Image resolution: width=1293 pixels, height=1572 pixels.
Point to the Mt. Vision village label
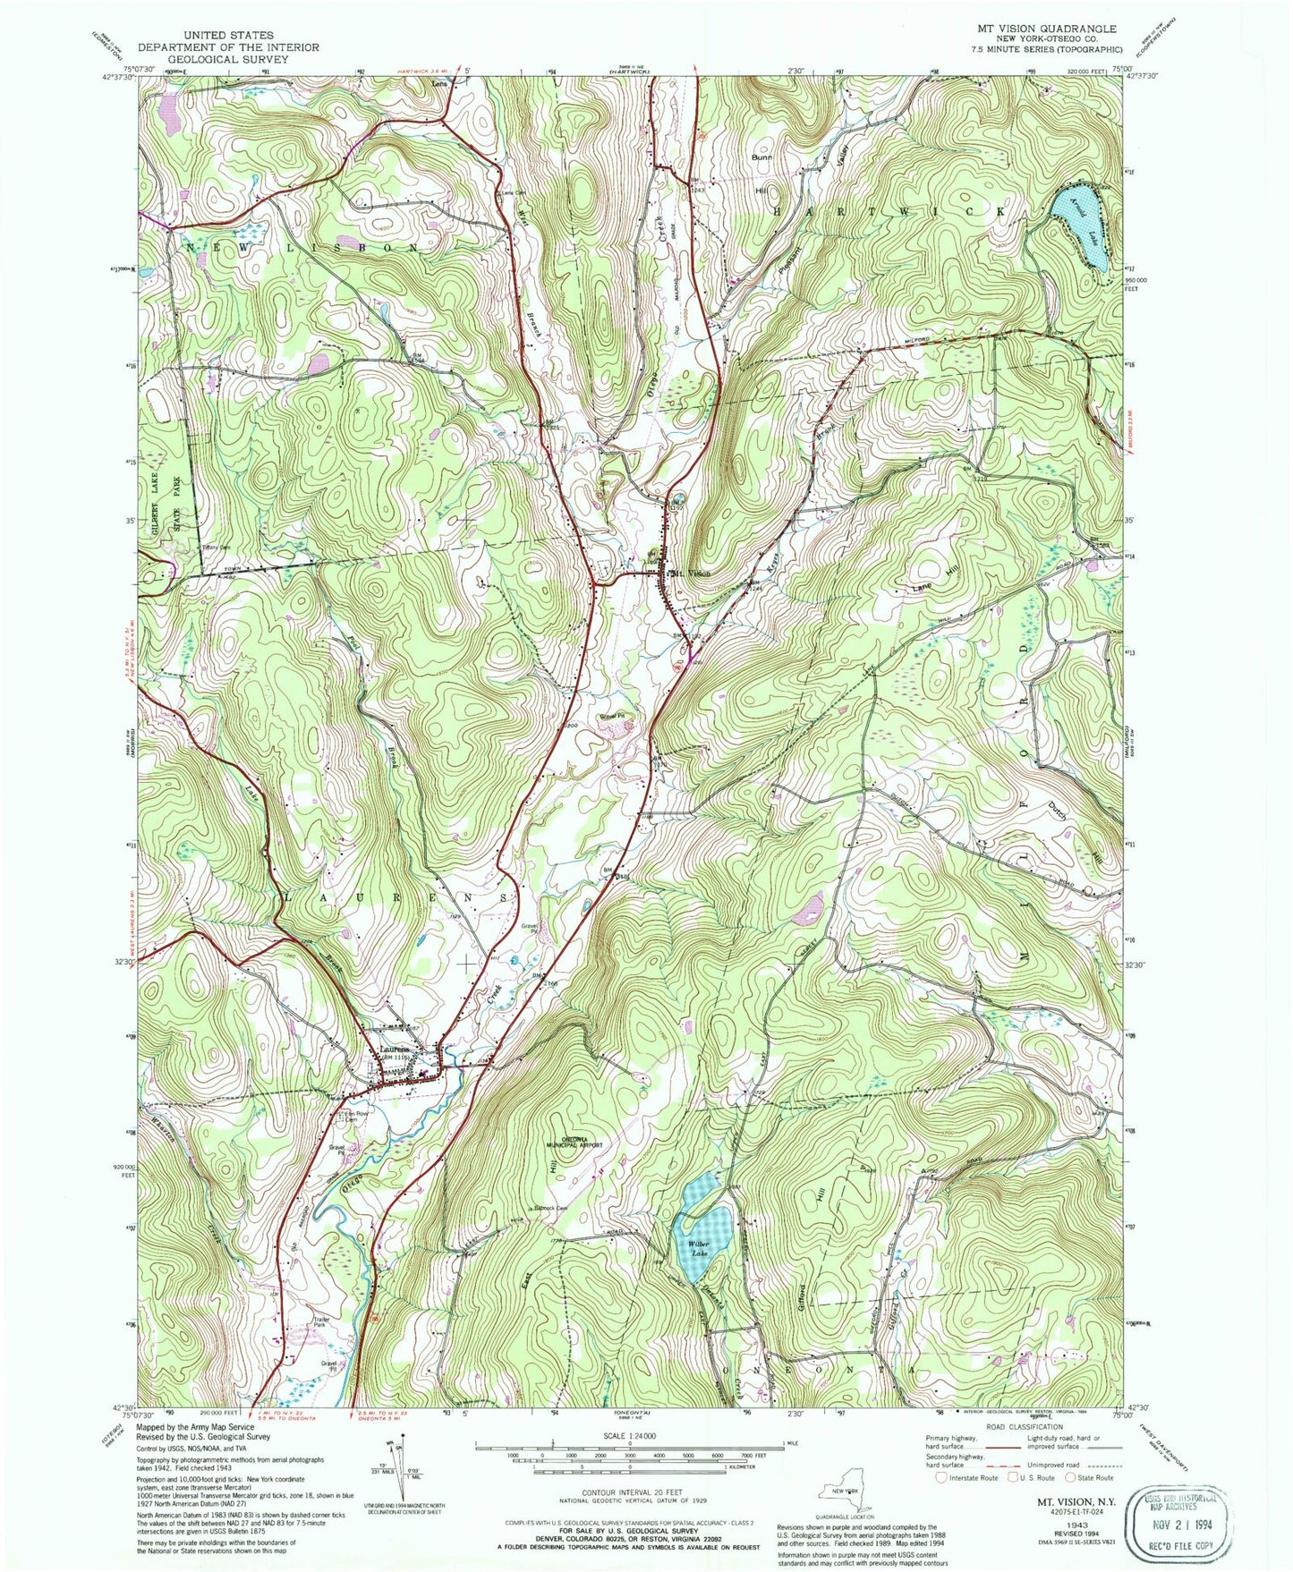click(x=691, y=574)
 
